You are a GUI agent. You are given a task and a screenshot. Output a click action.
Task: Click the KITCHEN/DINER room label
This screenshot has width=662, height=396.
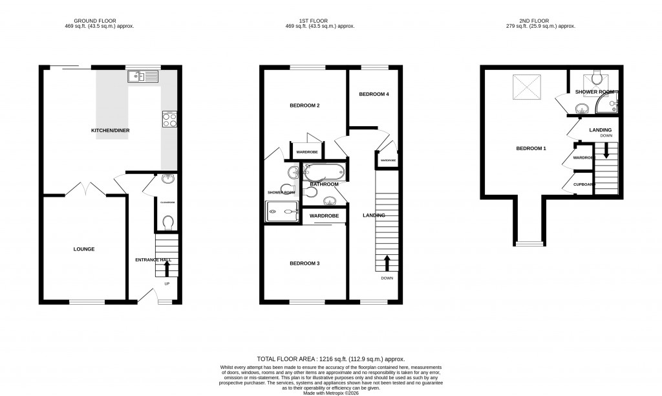[110, 131]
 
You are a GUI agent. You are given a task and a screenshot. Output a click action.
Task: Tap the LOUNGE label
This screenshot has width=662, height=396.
[84, 249]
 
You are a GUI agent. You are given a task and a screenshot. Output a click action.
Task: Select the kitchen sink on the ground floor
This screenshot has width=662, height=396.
[143, 77]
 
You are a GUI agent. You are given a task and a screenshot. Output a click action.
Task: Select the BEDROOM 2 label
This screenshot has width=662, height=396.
[304, 105]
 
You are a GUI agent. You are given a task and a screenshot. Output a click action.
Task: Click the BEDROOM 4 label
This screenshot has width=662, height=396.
[374, 94]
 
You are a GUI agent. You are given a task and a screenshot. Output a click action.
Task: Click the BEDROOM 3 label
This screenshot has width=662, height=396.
[304, 263]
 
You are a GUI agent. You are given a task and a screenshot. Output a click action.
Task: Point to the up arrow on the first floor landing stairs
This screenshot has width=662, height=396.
[387, 262]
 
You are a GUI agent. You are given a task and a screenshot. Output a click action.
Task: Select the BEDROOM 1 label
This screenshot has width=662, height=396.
[531, 149]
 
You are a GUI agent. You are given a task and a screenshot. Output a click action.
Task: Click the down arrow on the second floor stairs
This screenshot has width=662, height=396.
[606, 151]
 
